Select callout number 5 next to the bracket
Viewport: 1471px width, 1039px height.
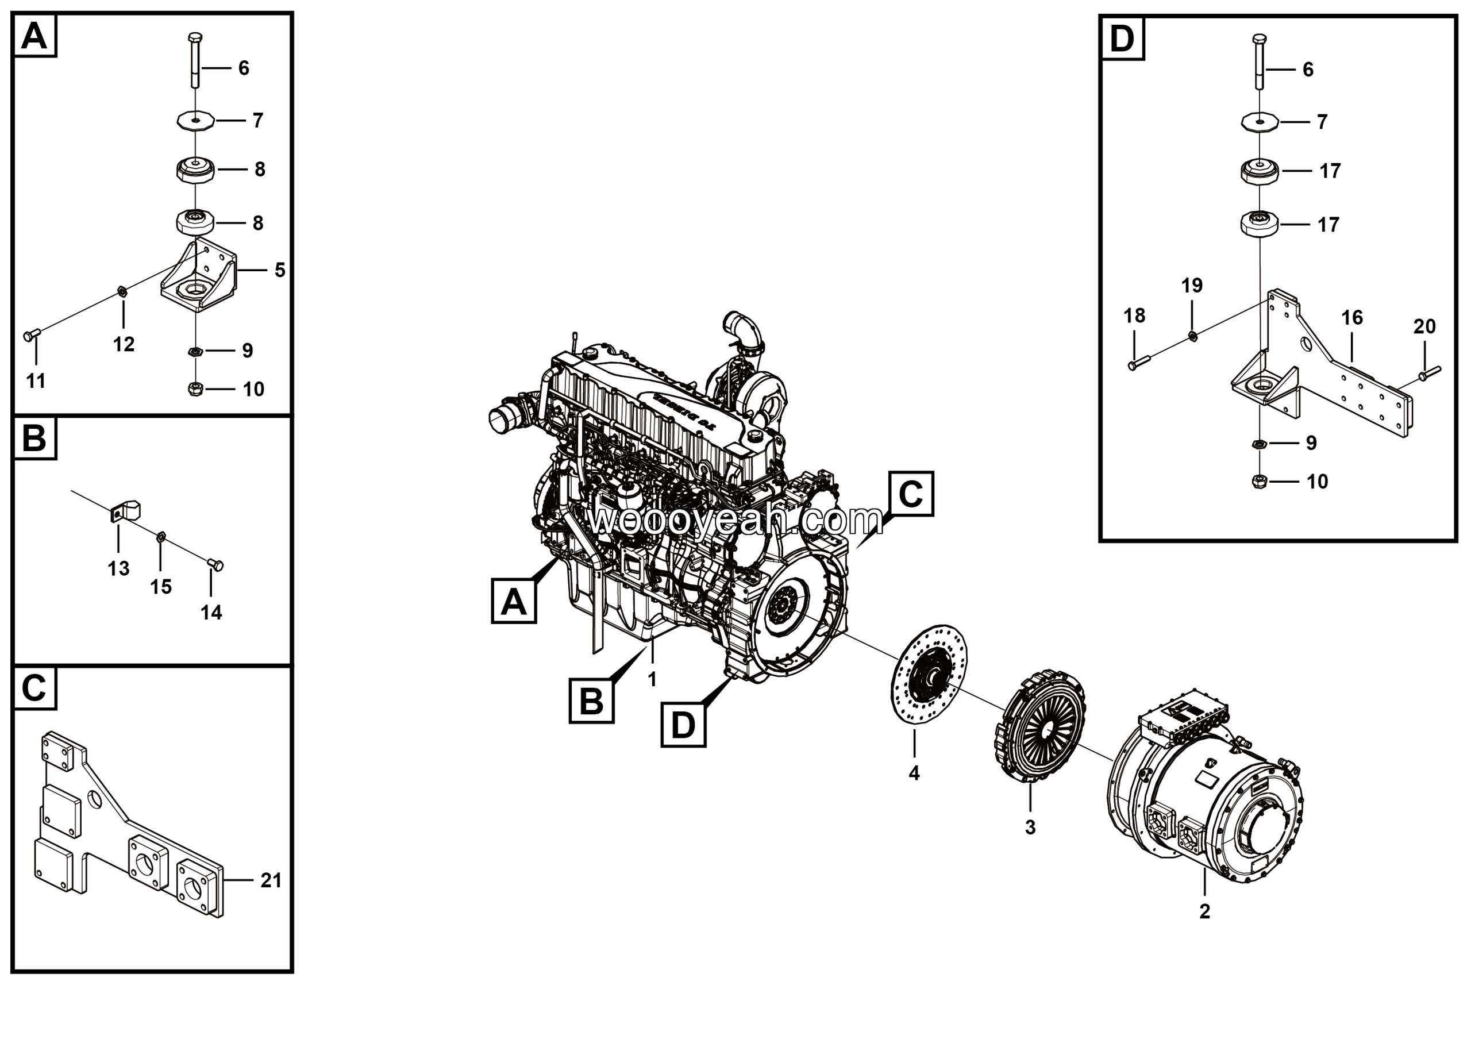click(279, 270)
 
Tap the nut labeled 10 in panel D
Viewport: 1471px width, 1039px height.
click(1258, 481)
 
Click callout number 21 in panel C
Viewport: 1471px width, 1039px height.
click(271, 881)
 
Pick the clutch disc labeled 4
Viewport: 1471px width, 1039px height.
click(929, 675)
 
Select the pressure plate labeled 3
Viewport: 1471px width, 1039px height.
click(1041, 725)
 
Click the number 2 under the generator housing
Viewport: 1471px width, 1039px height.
click(1204, 911)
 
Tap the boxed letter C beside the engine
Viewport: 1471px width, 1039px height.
click(910, 493)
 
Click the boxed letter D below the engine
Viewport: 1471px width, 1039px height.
click(683, 725)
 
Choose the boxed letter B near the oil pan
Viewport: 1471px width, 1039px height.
click(591, 702)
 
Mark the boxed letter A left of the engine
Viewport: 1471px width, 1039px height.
click(513, 602)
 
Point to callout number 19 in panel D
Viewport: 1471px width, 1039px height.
click(1192, 286)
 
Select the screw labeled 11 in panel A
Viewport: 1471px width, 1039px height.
click(31, 334)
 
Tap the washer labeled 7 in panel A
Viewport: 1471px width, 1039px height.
click(195, 120)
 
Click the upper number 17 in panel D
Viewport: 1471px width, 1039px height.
click(1330, 171)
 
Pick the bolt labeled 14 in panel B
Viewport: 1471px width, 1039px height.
click(216, 564)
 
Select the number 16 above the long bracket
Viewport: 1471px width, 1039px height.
click(1352, 318)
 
